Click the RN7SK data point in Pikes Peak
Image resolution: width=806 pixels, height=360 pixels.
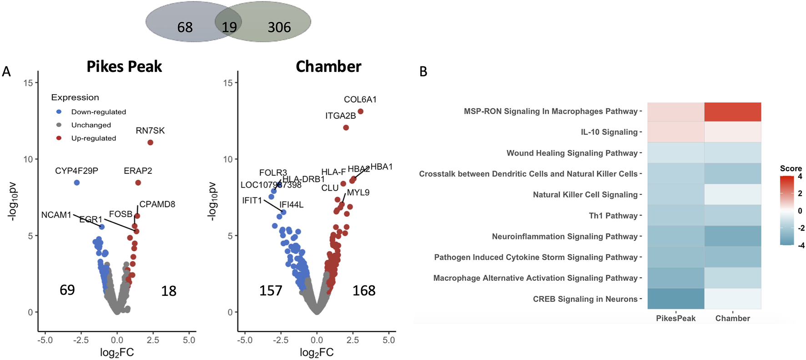pos(151,142)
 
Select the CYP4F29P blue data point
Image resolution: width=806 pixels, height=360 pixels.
pos(77,183)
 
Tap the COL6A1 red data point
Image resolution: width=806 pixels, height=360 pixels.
pos(361,112)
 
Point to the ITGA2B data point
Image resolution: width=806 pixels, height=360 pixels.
pos(346,128)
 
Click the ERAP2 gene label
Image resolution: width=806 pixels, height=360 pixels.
pos(138,171)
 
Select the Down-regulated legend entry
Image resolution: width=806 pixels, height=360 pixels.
pos(98,112)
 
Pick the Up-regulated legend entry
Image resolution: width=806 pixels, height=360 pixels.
pos(93,138)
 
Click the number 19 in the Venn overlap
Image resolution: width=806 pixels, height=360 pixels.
pos(229,27)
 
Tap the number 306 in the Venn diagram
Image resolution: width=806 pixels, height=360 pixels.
pos(279,27)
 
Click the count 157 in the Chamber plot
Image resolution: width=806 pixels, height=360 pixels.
pos(271,290)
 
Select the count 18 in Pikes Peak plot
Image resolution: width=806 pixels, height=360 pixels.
pos(169,291)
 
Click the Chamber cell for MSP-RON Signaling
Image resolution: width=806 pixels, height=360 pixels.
pos(732,112)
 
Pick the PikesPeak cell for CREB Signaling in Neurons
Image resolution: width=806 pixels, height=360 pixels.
pos(676,299)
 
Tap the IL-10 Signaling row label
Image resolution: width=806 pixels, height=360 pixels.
pos(609,132)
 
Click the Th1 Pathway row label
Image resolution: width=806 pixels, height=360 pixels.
pos(613,216)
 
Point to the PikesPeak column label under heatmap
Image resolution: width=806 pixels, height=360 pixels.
pos(675,318)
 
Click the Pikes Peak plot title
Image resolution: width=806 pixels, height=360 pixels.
pos(124,66)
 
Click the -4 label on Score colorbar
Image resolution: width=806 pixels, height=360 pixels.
pos(801,245)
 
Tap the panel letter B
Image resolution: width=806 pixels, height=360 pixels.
pos(423,72)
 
